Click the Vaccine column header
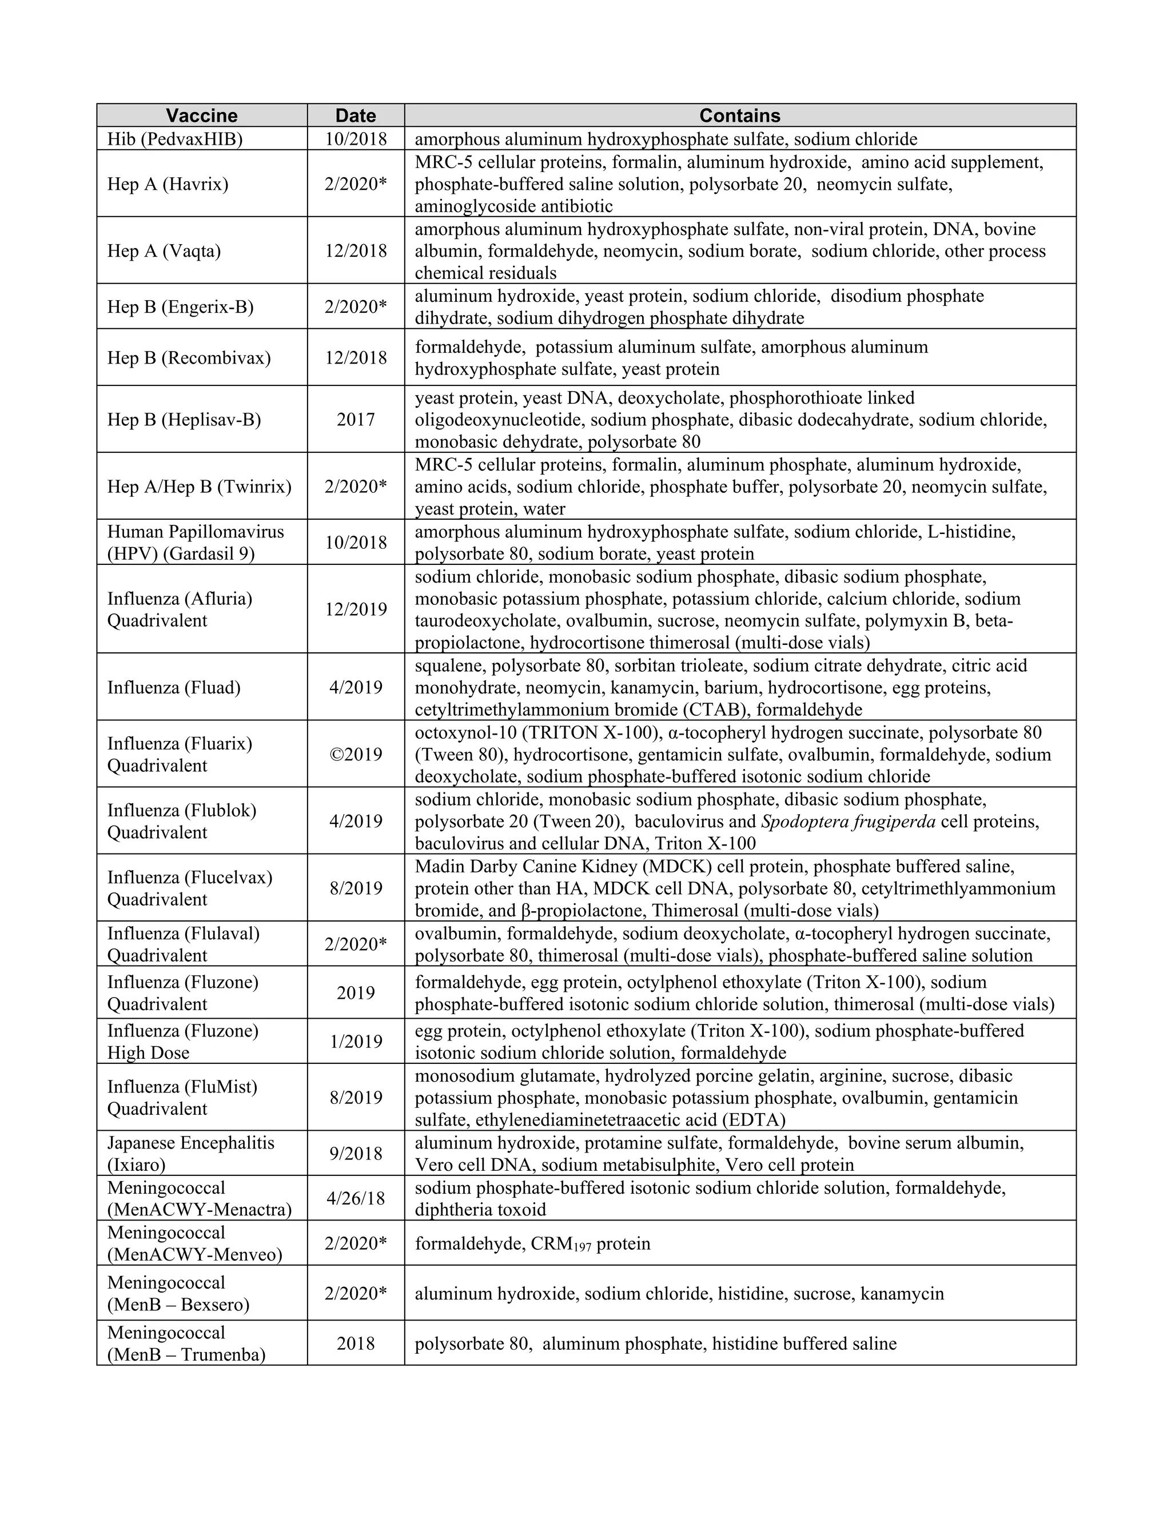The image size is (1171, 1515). click(201, 115)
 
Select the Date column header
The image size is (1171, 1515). click(355, 115)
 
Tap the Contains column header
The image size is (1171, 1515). click(739, 115)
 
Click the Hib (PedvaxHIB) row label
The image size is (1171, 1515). click(175, 139)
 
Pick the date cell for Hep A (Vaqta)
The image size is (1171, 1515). click(355, 250)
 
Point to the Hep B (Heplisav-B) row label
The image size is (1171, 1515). click(184, 419)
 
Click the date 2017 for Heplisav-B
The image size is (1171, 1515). click(355, 419)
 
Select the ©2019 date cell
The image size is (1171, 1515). click(355, 754)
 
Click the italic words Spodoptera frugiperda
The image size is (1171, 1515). click(848, 822)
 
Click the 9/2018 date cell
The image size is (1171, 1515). click(355, 1154)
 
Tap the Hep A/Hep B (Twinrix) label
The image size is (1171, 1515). click(199, 487)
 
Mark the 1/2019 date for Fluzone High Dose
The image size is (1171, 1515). click(355, 1041)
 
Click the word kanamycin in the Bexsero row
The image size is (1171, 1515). click(902, 1294)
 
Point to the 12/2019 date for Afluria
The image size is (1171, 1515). click(355, 609)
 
